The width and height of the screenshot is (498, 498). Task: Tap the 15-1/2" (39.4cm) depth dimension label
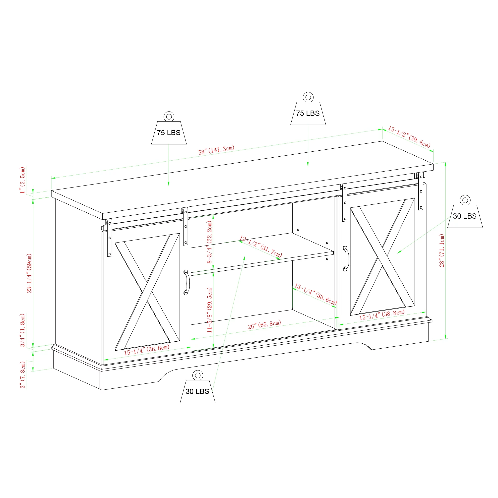(409, 137)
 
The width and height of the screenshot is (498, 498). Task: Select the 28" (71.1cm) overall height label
(442, 250)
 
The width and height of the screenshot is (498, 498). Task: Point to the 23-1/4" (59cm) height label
(29, 273)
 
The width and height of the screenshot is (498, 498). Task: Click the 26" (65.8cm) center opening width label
(264, 325)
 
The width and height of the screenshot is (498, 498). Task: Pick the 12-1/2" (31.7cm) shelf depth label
(261, 247)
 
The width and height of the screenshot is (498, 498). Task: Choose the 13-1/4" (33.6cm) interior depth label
(316, 294)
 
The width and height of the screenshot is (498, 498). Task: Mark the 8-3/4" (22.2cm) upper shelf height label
(210, 242)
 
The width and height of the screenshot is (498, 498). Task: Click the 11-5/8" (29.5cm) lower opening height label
(210, 310)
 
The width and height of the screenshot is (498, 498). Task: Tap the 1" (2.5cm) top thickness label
(23, 180)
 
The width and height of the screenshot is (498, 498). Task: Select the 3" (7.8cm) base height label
(23, 375)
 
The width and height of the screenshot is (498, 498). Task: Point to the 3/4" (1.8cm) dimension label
(23, 330)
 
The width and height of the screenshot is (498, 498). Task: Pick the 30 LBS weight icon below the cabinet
(197, 387)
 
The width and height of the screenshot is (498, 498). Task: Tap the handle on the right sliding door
(346, 258)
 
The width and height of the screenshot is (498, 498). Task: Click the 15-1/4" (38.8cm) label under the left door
(147, 350)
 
